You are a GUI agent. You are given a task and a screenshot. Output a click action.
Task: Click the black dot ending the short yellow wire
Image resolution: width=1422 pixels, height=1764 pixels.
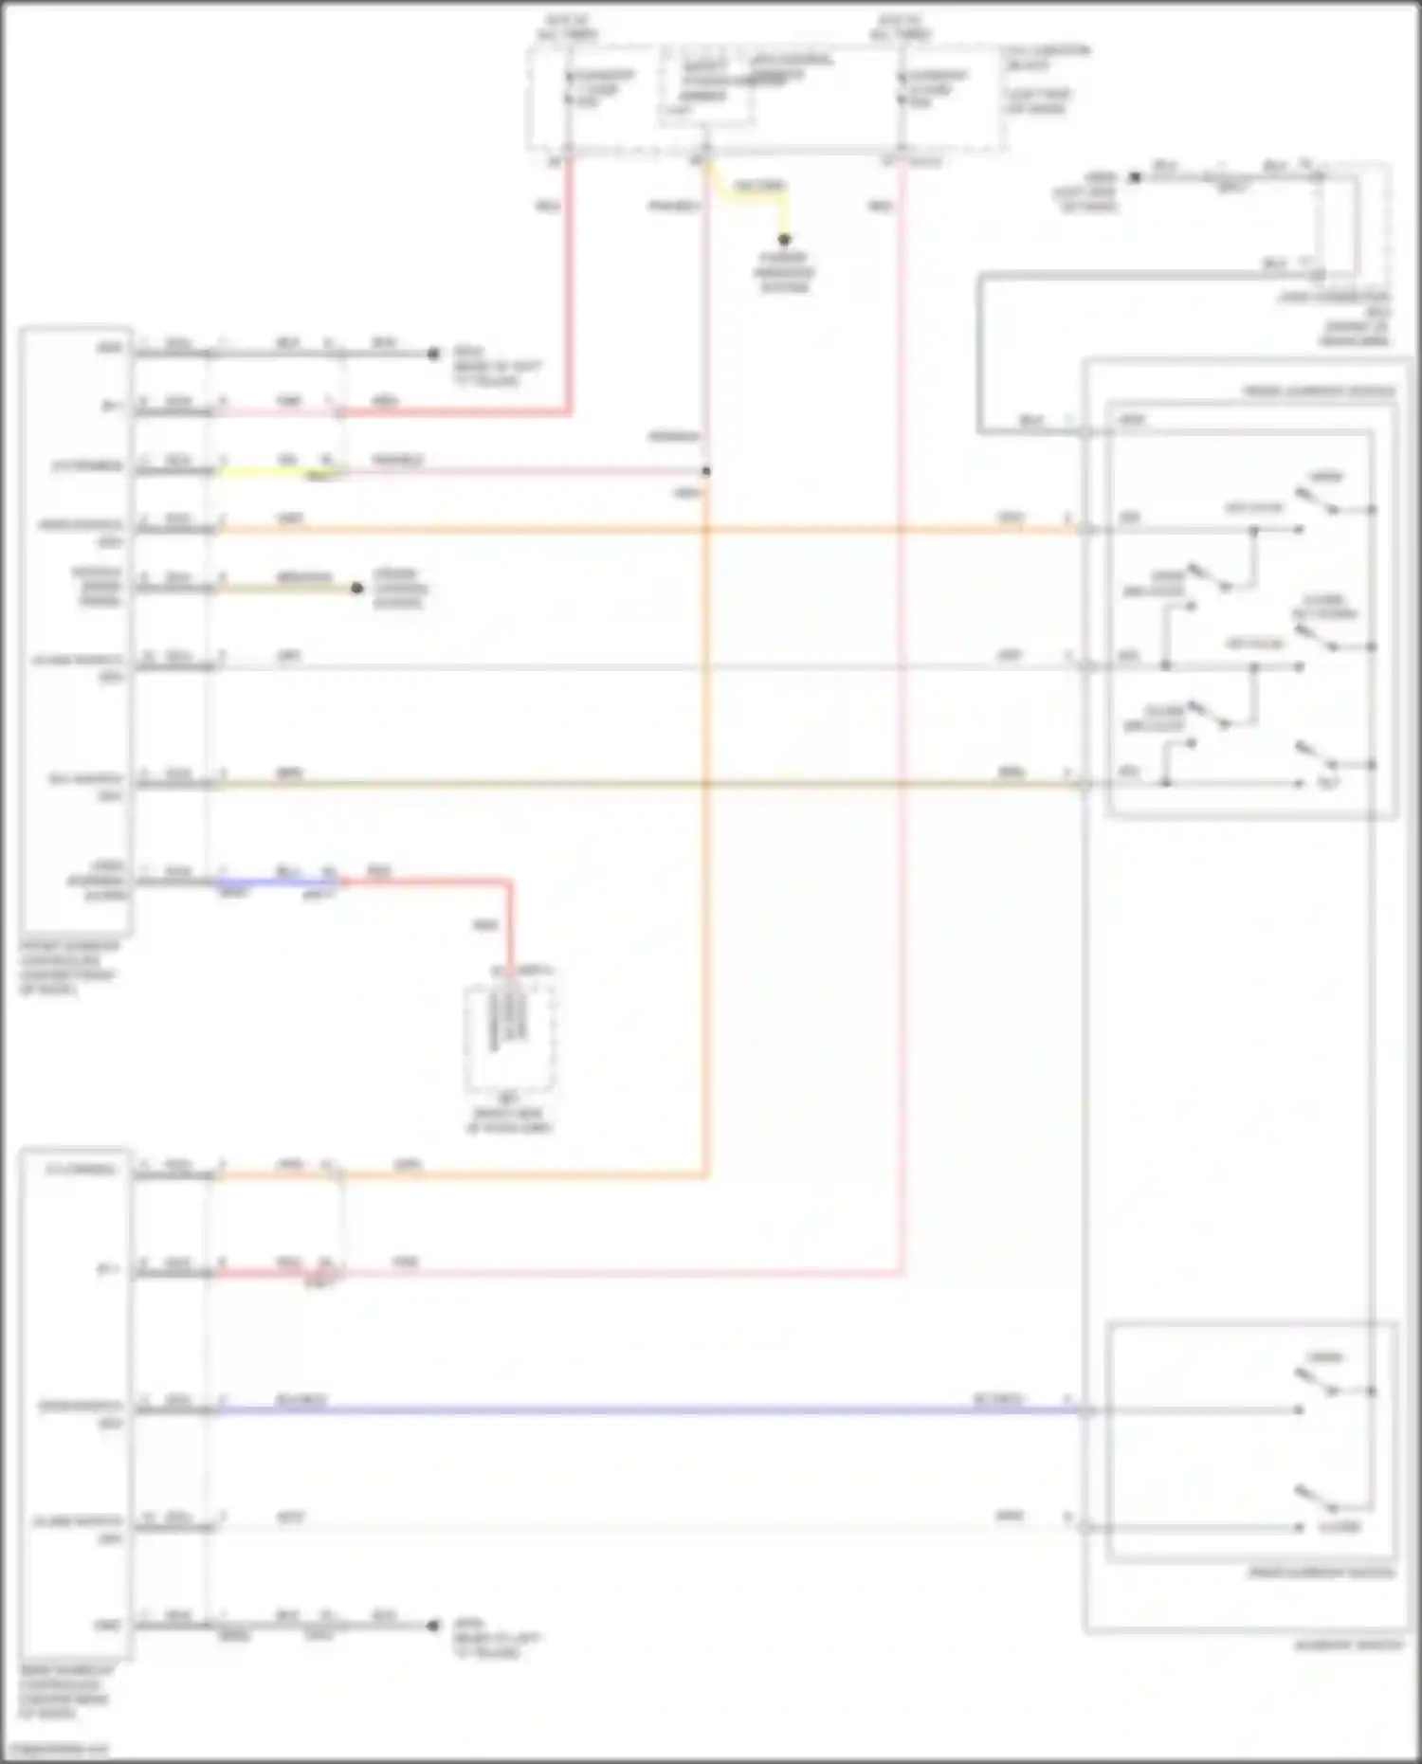pos(784,239)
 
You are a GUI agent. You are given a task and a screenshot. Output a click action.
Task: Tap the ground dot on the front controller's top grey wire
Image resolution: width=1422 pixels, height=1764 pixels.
pos(433,354)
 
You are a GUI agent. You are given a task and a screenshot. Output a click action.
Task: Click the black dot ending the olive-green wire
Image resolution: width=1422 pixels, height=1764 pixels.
pos(357,588)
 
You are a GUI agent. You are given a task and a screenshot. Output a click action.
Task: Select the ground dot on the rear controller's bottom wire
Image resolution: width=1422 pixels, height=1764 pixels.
pos(433,1626)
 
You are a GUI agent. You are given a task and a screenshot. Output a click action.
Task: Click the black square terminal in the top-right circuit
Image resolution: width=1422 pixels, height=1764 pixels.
pos(1134,177)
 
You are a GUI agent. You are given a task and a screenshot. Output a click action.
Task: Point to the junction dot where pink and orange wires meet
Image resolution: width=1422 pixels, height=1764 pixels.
pos(706,471)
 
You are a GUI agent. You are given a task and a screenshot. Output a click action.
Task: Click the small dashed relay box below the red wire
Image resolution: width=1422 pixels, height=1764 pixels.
pos(509,1038)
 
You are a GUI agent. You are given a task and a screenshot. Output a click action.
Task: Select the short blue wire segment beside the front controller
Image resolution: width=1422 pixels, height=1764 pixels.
pos(275,882)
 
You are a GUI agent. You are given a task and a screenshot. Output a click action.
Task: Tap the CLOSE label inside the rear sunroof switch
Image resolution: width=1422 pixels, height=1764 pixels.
pos(1340,1527)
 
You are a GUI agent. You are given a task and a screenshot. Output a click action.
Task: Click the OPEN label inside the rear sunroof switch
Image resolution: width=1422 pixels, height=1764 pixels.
pos(1324,1357)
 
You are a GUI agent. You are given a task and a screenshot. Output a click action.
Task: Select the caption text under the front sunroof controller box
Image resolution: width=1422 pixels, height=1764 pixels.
pos(68,967)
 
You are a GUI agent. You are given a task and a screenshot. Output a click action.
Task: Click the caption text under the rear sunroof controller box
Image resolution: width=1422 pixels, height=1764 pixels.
pos(64,1691)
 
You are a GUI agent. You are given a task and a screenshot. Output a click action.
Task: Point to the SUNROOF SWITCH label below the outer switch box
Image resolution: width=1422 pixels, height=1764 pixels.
pos(1348,1645)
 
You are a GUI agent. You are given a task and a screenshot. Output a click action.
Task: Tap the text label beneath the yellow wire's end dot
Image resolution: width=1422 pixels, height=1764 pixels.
pos(784,272)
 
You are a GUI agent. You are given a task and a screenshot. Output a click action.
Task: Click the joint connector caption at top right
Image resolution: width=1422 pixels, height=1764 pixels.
pos(1337,318)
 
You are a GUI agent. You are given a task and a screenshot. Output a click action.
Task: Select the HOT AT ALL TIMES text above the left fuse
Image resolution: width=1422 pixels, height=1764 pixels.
pos(566,27)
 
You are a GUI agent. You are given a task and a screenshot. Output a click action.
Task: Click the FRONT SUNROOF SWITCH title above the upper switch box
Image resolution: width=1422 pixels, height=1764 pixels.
pos(1318,391)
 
